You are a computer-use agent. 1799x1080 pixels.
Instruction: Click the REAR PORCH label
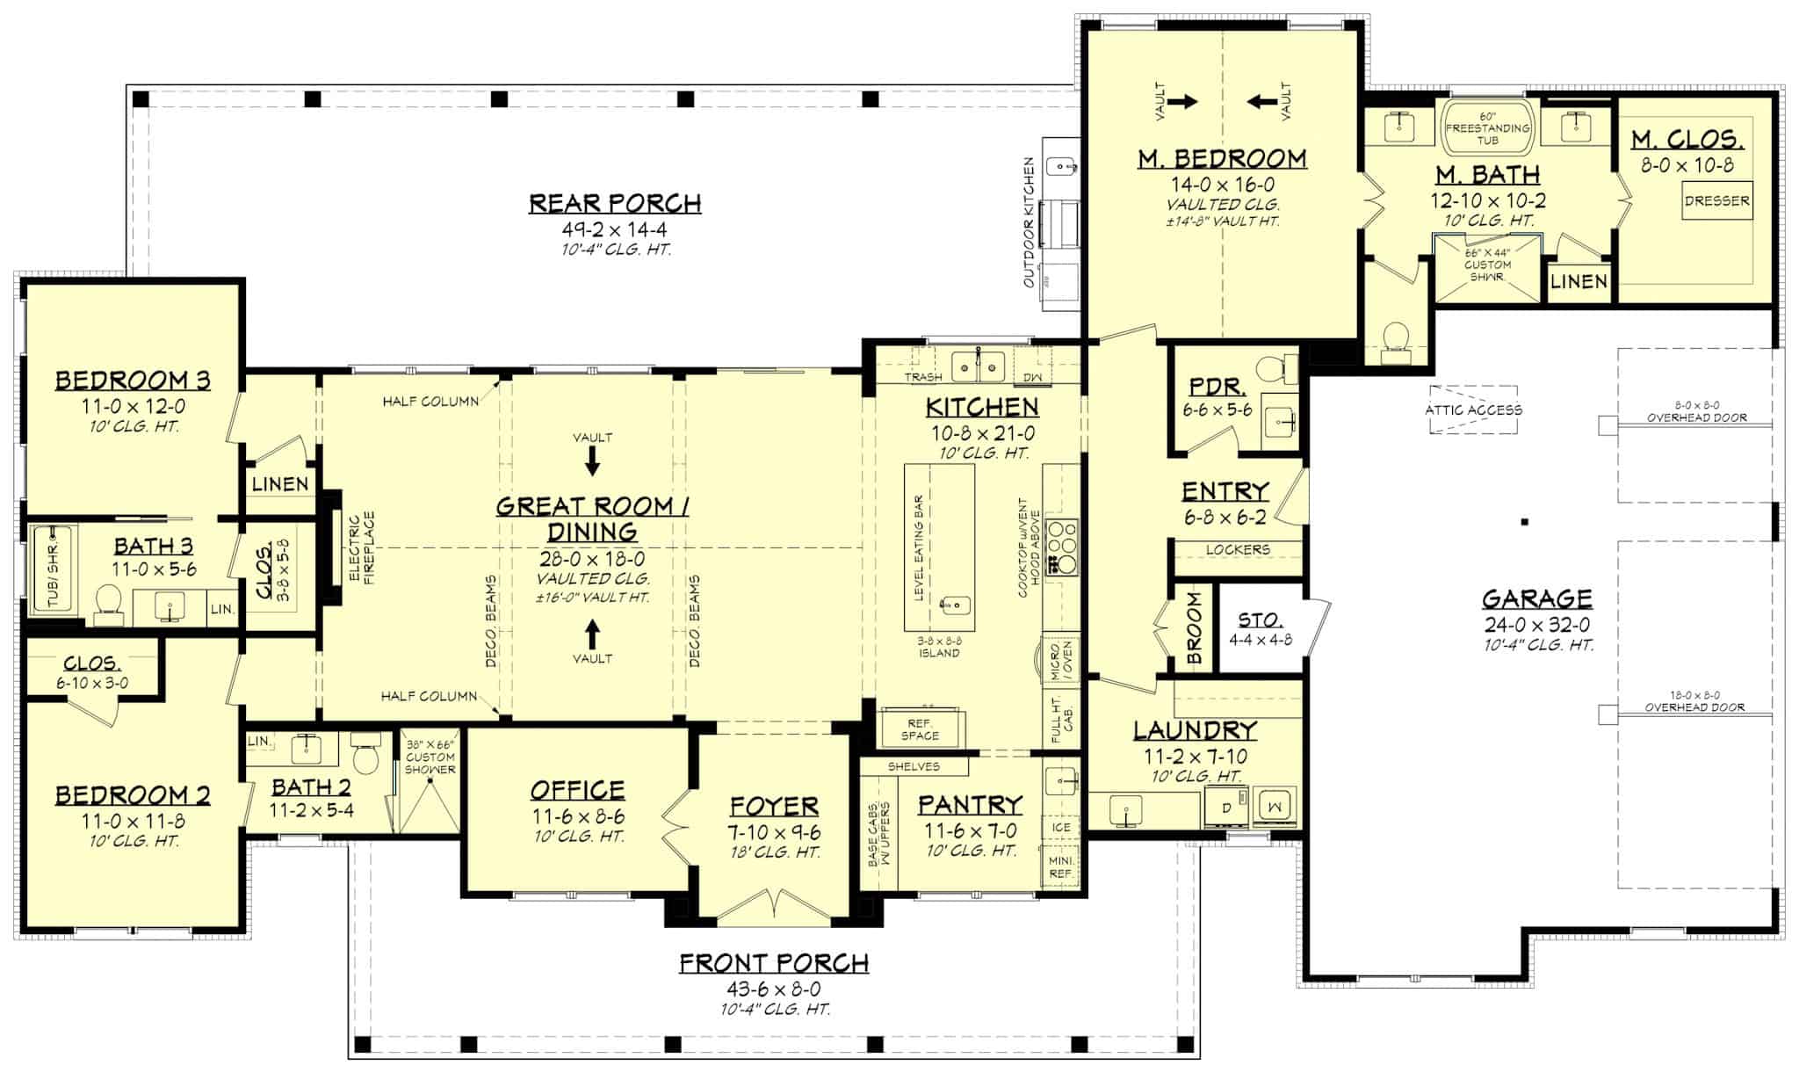[615, 203]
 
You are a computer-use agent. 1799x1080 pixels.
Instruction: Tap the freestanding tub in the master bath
[1487, 127]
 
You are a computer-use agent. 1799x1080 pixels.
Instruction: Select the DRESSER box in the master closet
[1716, 200]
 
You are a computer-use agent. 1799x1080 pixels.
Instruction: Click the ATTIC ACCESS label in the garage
[1473, 410]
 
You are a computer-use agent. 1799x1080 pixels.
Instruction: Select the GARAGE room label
[1536, 599]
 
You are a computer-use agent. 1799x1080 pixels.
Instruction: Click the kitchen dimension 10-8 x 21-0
[982, 433]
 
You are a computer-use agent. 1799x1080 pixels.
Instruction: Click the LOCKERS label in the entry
[1238, 549]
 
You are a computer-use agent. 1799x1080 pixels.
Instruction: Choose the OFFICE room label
[577, 790]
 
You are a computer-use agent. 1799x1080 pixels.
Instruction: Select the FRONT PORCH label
[774, 963]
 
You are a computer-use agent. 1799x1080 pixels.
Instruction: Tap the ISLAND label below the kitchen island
[939, 653]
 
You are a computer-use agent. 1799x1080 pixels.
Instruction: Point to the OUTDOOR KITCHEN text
[1029, 222]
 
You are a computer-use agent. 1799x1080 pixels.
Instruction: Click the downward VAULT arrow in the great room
[592, 460]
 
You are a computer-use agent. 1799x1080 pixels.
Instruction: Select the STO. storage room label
[1259, 620]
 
